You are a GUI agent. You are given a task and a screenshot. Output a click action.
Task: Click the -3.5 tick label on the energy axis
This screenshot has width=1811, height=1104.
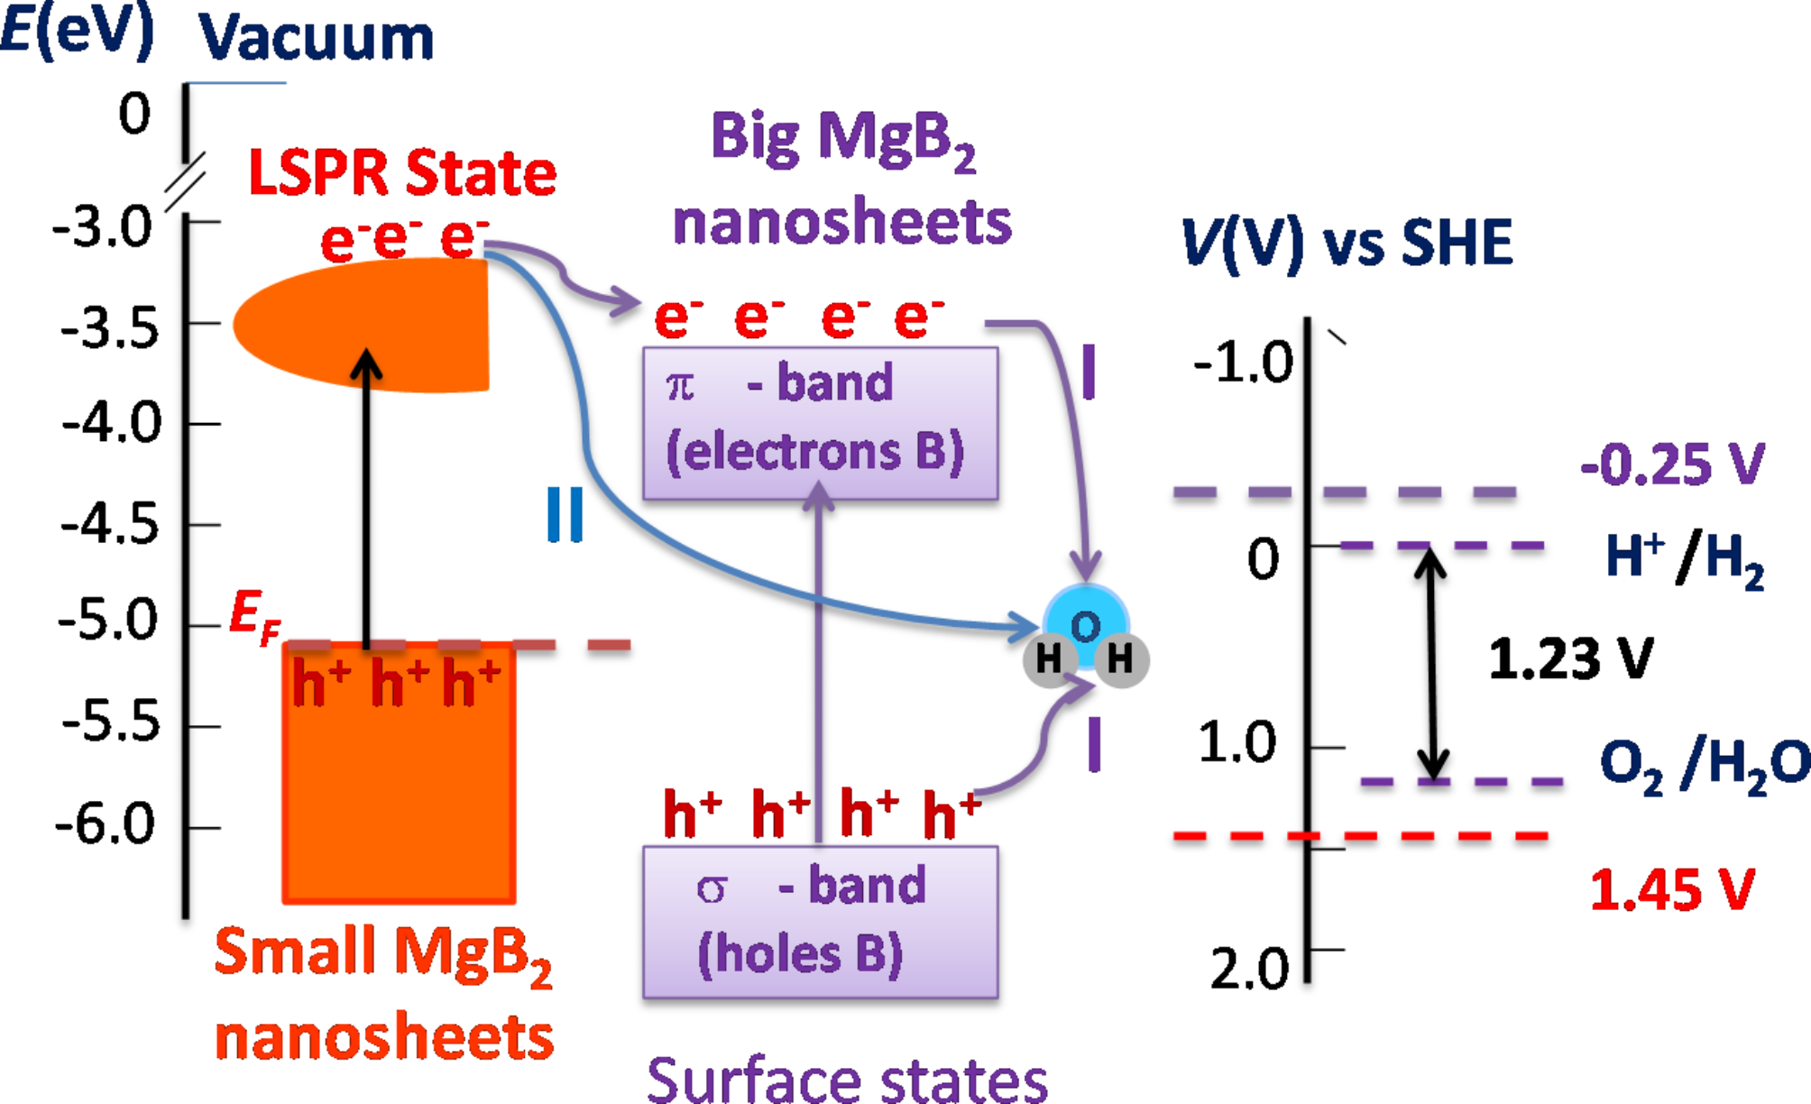(x=109, y=327)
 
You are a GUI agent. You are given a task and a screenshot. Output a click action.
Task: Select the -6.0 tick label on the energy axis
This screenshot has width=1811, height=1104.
(x=105, y=824)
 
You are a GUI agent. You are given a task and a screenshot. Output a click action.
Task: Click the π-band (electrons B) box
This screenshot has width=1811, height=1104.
(x=820, y=423)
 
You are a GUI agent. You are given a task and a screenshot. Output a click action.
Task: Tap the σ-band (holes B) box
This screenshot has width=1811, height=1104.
(x=820, y=922)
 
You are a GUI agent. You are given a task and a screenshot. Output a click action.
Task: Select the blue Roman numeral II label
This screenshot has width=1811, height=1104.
(x=565, y=514)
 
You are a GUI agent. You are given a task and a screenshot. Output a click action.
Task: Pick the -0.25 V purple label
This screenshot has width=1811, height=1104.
(x=1671, y=465)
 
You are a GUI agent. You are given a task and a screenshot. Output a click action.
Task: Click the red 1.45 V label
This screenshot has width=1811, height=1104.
(x=1671, y=889)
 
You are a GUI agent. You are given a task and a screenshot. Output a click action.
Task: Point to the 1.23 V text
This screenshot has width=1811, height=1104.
(x=1570, y=658)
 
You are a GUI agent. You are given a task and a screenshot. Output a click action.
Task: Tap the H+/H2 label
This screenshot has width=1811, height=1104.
(x=1684, y=559)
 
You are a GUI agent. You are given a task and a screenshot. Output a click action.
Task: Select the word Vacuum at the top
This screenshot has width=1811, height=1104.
(x=316, y=38)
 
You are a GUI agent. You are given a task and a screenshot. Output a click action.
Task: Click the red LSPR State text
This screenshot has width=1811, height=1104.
(x=402, y=172)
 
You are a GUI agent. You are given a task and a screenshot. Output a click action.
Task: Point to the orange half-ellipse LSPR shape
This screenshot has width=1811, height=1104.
(x=370, y=325)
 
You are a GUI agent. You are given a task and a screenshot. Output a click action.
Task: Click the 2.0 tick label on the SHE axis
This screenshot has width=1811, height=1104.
(x=1249, y=970)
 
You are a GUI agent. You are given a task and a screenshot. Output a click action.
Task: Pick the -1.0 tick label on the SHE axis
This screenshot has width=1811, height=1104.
(x=1243, y=363)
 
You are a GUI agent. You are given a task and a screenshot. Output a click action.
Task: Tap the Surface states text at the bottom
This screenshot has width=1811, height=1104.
(x=847, y=1079)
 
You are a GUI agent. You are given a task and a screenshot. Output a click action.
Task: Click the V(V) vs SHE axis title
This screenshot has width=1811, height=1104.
(x=1347, y=243)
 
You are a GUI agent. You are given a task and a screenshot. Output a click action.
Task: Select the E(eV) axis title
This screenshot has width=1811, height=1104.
(x=78, y=31)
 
